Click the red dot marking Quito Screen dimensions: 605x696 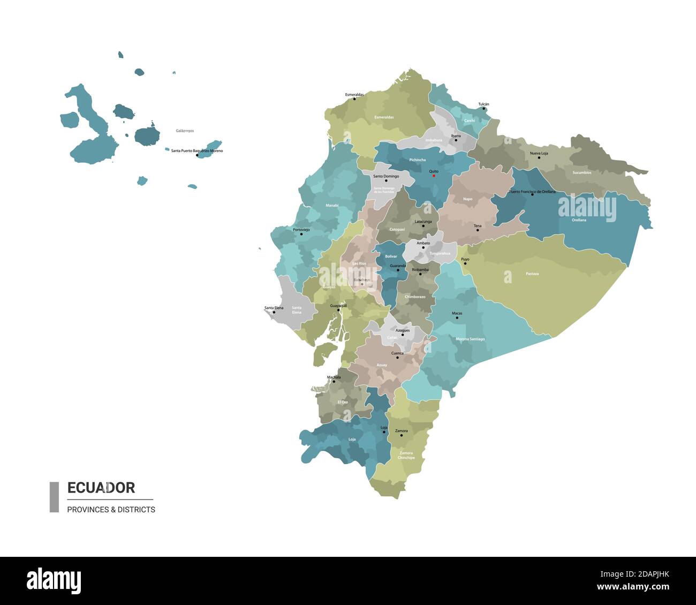click(434, 176)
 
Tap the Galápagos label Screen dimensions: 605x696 click(185, 131)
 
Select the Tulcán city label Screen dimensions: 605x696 click(483, 104)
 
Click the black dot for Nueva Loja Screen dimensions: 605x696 click(539, 157)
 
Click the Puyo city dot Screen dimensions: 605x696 click(465, 263)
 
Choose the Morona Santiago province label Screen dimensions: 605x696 click(470, 339)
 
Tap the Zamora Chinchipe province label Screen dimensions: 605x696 click(406, 455)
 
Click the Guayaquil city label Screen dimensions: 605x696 click(338, 306)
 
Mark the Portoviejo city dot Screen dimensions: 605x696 click(301, 234)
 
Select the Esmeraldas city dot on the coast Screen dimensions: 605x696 click(354, 99)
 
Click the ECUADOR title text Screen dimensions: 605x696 click(101, 488)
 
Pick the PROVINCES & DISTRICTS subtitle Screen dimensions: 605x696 click(111, 510)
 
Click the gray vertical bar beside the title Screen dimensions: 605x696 click(54, 497)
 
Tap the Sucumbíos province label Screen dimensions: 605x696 click(581, 172)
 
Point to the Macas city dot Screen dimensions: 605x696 click(457, 318)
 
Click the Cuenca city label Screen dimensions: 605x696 click(397, 353)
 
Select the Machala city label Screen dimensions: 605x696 click(334, 377)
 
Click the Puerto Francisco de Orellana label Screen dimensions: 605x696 click(532, 191)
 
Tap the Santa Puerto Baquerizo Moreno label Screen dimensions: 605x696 click(197, 151)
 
